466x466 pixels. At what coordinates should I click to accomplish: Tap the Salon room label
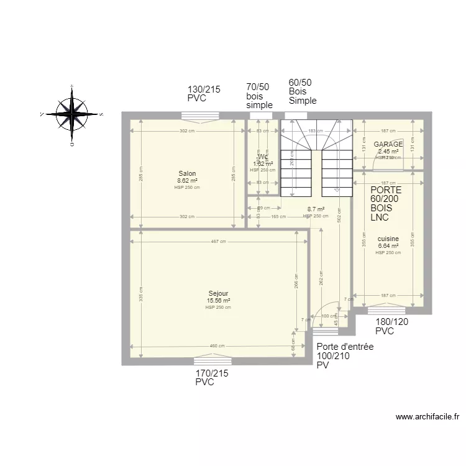pos(187,173)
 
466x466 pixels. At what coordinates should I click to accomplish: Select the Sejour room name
pos(218,293)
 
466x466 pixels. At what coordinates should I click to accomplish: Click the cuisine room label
pos(388,238)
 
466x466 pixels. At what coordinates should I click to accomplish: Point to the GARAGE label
pos(388,144)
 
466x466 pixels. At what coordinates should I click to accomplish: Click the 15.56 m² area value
pos(218,300)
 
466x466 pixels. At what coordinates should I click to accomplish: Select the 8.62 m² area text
pos(187,180)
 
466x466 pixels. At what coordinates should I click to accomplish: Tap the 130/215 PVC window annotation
pos(204,94)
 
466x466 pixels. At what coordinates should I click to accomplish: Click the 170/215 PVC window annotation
pos(212,378)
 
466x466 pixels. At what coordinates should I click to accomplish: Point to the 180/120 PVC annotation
pos(393,327)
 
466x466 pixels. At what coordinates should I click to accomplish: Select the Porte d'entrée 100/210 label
pos(344,356)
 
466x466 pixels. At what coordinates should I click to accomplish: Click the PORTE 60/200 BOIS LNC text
pos(386,204)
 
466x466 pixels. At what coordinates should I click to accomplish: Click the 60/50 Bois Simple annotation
pos(302,91)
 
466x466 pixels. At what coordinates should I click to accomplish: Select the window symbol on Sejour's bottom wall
pos(212,360)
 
